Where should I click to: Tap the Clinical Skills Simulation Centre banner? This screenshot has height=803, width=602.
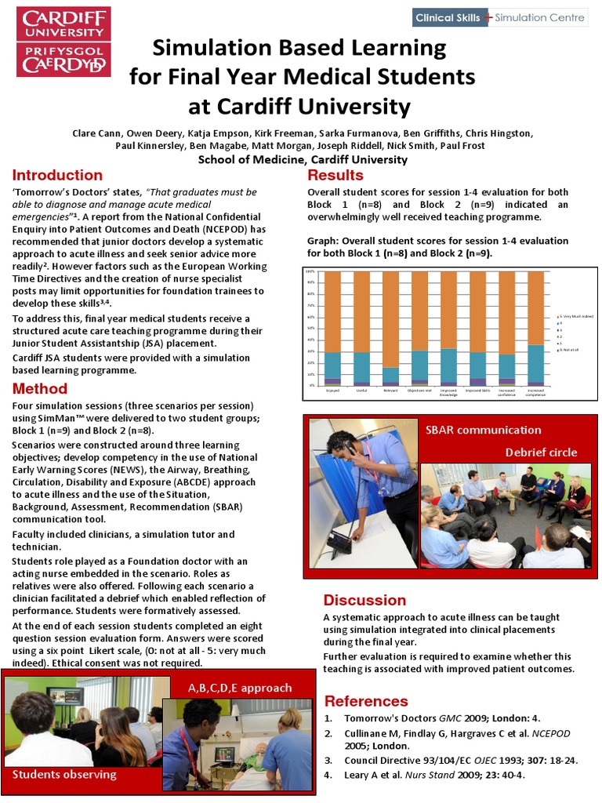[499, 17]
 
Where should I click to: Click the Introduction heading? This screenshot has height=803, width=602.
[57, 175]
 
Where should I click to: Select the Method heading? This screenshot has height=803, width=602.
[40, 389]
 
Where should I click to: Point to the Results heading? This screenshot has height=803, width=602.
[335, 175]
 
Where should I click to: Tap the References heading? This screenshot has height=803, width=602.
[366, 701]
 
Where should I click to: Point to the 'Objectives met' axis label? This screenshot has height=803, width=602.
[419, 390]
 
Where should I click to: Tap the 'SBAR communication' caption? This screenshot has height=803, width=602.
[483, 430]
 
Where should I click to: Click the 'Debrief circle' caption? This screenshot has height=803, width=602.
[541, 452]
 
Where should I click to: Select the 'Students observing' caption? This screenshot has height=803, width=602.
[64, 774]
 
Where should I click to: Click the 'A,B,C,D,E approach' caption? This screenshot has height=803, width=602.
[240, 688]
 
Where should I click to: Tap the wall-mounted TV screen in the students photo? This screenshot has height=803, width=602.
[66, 696]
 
